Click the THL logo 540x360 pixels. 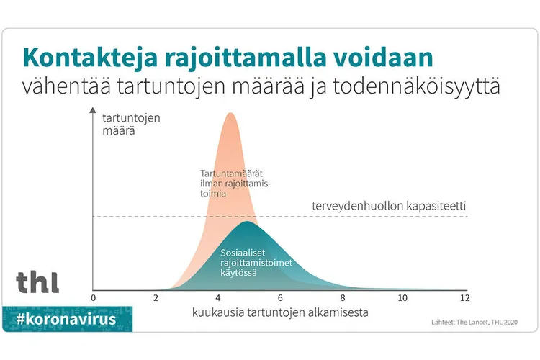[37, 281]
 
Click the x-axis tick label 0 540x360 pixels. [93, 298]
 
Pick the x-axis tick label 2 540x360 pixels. [156, 298]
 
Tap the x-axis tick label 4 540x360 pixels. [218, 298]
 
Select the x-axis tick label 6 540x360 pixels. [280, 298]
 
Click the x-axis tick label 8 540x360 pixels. [343, 298]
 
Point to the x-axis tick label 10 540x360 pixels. [404, 298]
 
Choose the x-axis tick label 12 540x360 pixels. [465, 298]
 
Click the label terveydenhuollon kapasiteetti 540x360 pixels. [388, 206]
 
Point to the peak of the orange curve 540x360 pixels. [230, 114]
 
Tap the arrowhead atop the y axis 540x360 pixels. [93, 112]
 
